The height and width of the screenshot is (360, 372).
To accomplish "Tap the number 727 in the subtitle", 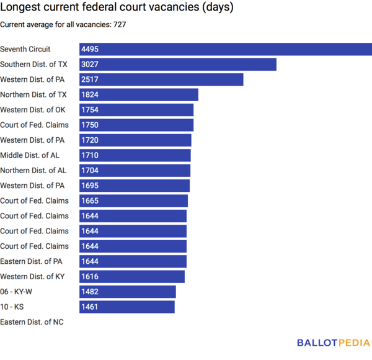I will [x=120, y=25].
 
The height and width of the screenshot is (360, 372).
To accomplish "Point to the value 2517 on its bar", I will [x=90, y=80].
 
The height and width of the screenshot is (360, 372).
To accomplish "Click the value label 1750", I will [x=90, y=125].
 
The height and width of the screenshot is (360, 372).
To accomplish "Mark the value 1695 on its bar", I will [x=90, y=186].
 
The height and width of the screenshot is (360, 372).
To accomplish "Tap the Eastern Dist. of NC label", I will [x=32, y=322].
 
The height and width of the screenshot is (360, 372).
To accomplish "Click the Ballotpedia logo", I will [x=334, y=343].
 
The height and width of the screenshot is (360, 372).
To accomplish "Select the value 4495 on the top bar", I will [x=90, y=50].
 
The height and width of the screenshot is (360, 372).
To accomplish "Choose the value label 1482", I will [x=90, y=292].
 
